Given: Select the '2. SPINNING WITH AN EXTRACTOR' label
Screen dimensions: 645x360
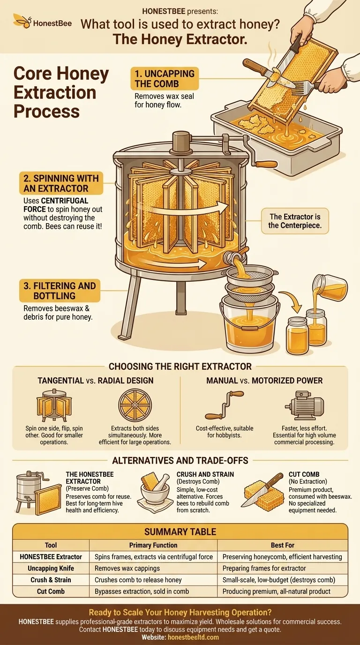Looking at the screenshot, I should point(60,183).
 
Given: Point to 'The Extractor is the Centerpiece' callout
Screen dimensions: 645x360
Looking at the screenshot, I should point(295,221).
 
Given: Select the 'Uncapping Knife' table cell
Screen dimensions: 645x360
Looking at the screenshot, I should point(51,568).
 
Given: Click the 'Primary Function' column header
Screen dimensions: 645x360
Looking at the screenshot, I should point(153,545).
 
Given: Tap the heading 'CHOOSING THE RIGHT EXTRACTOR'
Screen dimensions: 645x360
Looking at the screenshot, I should point(180,366).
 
